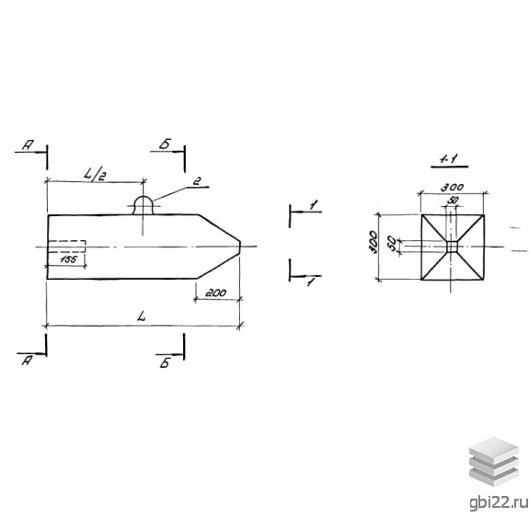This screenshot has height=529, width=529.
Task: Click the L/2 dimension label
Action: coord(94,175)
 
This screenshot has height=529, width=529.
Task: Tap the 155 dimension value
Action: coord(68,259)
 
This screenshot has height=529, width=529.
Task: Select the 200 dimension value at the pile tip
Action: coord(216,293)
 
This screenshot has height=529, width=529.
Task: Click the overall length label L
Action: coord(142,316)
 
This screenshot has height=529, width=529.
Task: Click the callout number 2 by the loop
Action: coord(197,182)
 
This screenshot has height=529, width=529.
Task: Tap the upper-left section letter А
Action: coord(28,145)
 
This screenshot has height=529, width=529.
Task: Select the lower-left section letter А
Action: coord(27,361)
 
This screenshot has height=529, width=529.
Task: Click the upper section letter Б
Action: coord(165,144)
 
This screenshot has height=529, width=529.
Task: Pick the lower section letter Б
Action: coord(165,363)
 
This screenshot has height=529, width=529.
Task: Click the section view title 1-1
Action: coord(449,159)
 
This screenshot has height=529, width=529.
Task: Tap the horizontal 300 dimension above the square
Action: coord(453,188)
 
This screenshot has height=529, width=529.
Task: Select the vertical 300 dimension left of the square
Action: coord(373,242)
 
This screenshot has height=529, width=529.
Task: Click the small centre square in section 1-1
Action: coord(452,247)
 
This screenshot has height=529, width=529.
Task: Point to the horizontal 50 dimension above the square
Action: coord(453,201)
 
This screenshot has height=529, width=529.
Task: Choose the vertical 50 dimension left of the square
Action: coord(392,243)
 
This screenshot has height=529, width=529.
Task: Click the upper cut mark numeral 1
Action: coord(314,204)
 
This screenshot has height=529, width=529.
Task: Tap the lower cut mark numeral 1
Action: coord(311,282)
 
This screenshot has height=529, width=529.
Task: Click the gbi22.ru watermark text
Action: coord(499,502)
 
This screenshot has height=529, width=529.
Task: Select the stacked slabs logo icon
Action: coord(494,462)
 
